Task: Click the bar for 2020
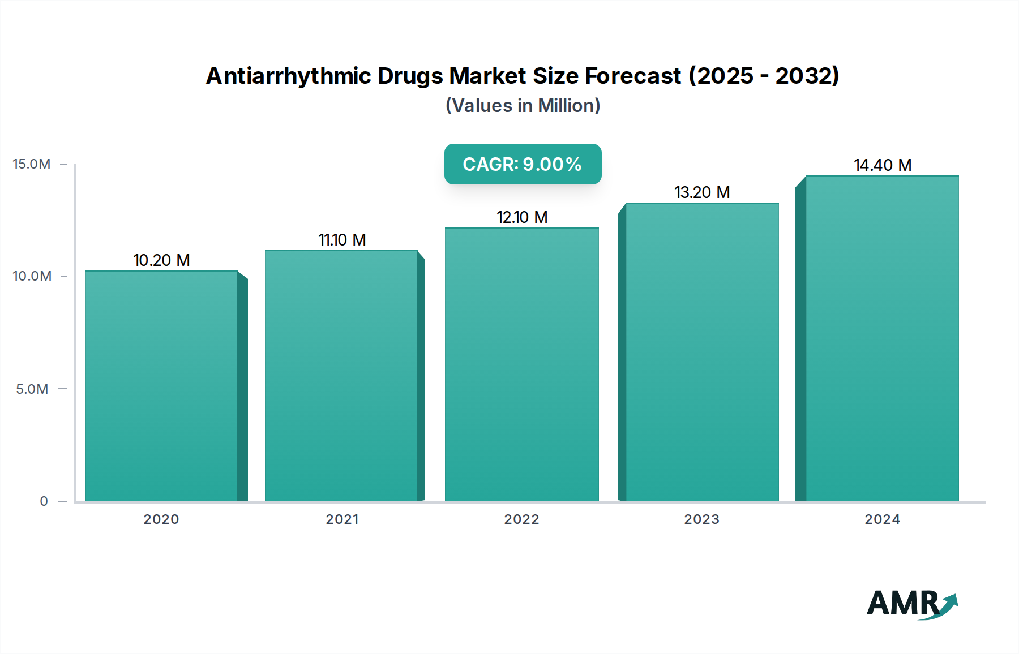point(161,386)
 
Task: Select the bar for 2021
point(341,376)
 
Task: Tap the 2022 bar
point(521,364)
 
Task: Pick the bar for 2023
point(702,352)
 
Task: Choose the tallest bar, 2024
point(882,338)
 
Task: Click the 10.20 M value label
point(161,260)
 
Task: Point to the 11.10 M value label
point(342,240)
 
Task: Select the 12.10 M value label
point(522,217)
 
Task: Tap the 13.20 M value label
point(702,192)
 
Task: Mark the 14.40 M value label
point(883,165)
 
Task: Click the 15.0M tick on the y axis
point(32,164)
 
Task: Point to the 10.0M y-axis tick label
point(32,276)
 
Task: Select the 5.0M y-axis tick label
point(32,389)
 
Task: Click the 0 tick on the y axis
point(44,501)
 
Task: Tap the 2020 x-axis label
point(161,519)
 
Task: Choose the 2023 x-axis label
point(702,519)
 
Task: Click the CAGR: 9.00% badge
point(523,164)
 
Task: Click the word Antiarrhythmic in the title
point(289,76)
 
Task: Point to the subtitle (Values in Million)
point(523,106)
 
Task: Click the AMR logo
point(911,604)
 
